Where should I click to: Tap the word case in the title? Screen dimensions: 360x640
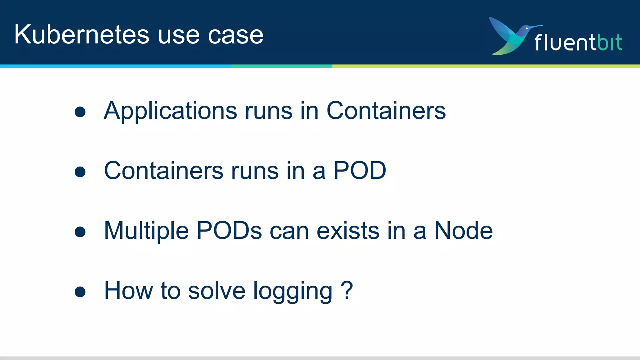(236, 35)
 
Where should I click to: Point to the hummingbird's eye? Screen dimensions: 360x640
(527, 28)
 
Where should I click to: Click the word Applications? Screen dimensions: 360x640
(171, 111)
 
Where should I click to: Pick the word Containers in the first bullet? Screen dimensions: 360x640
(386, 111)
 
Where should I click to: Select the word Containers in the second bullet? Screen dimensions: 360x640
(164, 171)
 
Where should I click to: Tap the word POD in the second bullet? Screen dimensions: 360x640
(360, 171)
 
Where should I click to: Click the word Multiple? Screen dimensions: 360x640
(146, 231)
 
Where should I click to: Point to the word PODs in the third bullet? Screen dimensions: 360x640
(229, 231)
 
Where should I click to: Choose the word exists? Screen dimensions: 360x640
(348, 231)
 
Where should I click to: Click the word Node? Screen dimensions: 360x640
(463, 231)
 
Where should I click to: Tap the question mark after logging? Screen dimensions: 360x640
(347, 290)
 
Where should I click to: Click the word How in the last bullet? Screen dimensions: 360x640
(128, 291)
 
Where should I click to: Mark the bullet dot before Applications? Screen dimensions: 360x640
(80, 112)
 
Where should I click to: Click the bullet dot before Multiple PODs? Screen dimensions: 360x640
(80, 232)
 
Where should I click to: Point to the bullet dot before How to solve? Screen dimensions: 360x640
(80, 292)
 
